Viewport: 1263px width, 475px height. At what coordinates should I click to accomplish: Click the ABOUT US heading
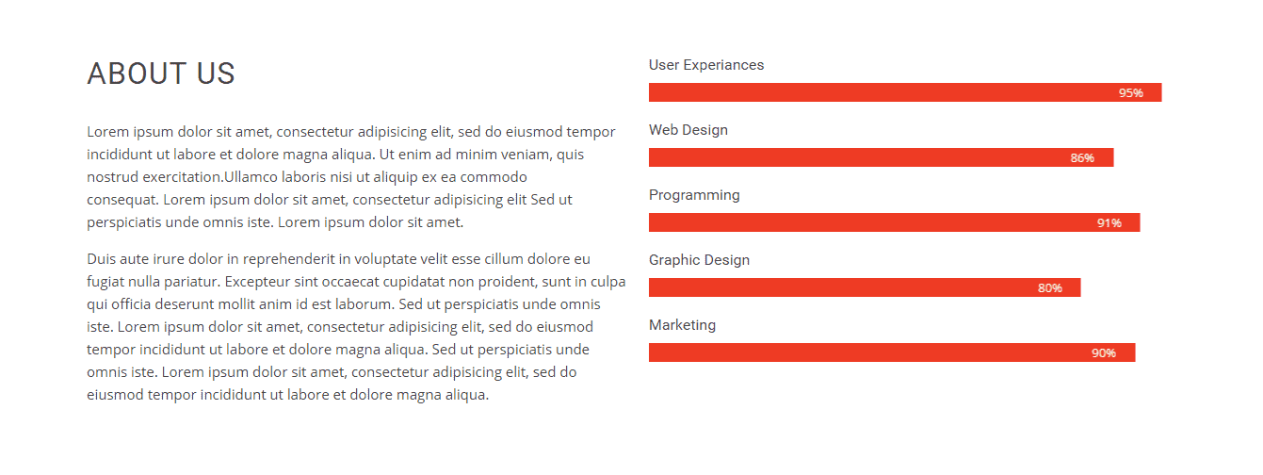[161, 74]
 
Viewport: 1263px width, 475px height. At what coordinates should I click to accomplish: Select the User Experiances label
[706, 65]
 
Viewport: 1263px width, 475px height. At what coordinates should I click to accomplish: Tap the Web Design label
[688, 130]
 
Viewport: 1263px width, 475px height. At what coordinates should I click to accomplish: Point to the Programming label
[694, 195]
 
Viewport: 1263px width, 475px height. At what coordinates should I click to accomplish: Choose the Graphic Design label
[699, 260]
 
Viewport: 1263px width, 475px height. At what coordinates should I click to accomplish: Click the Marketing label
[682, 325]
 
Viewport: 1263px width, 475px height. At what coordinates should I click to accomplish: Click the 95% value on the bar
[1130, 93]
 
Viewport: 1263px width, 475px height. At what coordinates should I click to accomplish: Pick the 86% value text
[1082, 158]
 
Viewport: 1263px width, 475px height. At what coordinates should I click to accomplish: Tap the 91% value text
[1109, 222]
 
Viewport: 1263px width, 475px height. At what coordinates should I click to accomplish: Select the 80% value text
[1050, 287]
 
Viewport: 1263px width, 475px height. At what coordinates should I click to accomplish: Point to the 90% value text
[1104, 352]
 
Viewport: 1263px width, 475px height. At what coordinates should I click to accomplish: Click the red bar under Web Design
[882, 157]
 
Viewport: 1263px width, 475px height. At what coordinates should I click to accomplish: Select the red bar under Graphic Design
[865, 287]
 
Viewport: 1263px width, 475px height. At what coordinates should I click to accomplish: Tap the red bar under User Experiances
[905, 92]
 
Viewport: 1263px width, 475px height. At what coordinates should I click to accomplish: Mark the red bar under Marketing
[892, 352]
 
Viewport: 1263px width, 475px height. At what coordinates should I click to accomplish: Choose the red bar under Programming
[894, 222]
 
